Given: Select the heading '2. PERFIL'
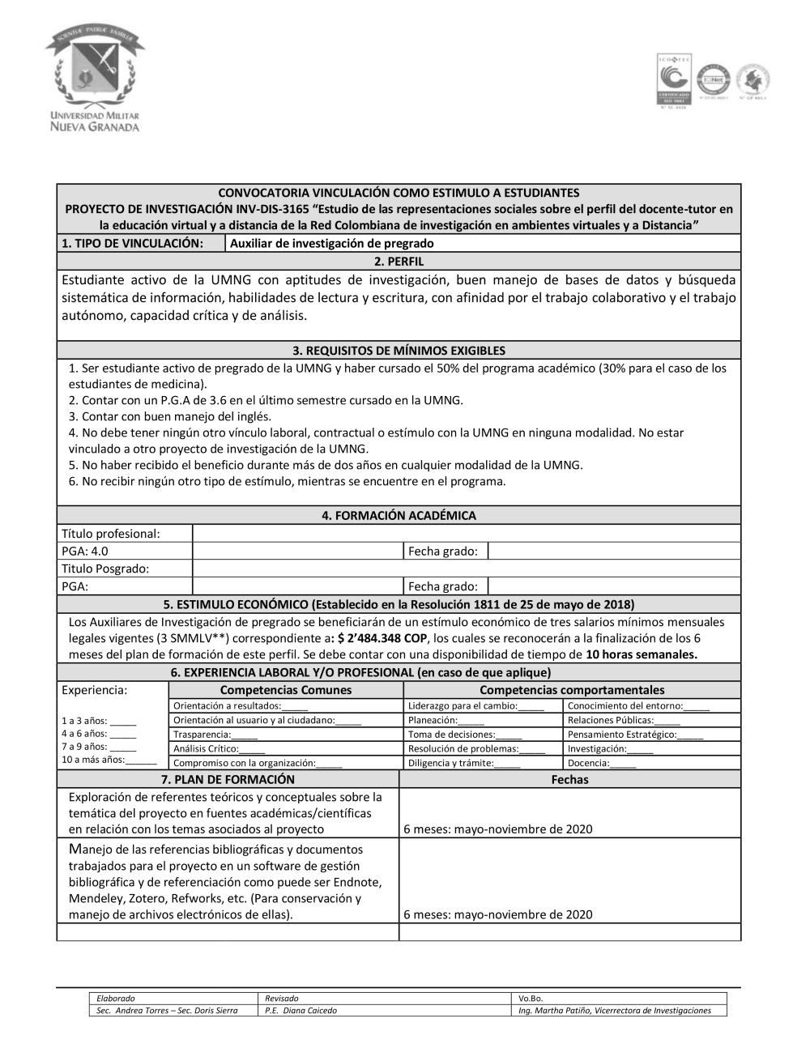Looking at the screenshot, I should click(399, 262).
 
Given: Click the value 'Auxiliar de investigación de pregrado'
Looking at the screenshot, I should click(332, 243).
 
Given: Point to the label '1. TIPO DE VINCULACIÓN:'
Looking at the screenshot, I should click(132, 243).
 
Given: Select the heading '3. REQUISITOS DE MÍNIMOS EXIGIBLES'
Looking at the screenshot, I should click(399, 351).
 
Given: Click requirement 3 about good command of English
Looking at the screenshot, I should click(170, 416).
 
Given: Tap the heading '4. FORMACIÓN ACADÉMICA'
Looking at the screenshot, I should click(399, 515).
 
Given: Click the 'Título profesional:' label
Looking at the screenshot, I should click(111, 533).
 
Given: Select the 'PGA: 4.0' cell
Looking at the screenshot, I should click(85, 551).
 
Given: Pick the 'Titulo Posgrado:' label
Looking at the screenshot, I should click(105, 569).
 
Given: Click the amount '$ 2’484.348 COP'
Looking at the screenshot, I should click(382, 638).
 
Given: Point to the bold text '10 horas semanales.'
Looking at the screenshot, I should click(641, 654).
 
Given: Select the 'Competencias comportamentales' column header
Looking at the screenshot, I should click(572, 690).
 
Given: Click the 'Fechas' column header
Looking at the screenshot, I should click(569, 779).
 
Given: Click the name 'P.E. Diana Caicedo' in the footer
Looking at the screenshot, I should click(301, 1010).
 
